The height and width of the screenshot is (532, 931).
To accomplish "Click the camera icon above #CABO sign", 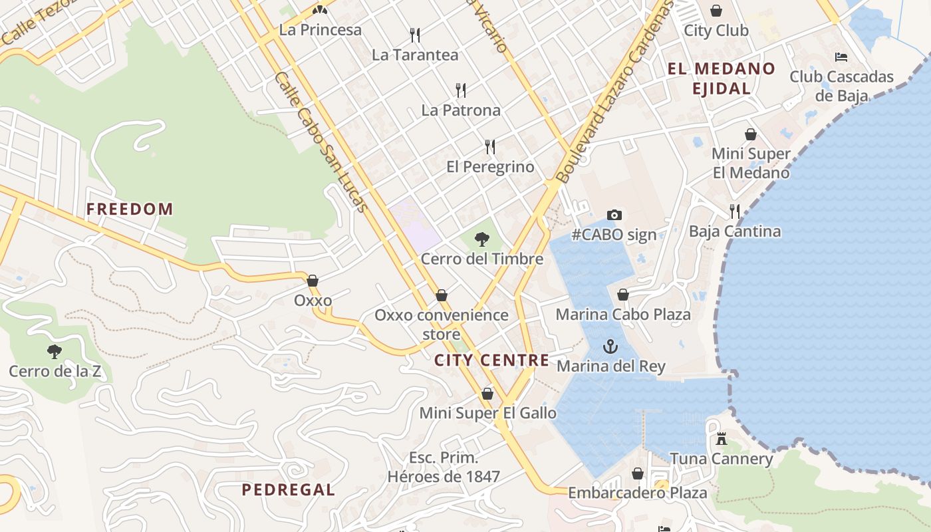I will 614,215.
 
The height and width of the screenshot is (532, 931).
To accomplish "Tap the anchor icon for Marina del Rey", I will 610,346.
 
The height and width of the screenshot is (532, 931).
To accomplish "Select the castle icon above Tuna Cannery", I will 721,439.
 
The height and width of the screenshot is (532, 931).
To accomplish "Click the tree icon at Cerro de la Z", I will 55,351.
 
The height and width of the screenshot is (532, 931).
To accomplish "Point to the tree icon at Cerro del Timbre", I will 482,239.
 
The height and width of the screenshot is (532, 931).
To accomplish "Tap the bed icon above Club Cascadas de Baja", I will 841,57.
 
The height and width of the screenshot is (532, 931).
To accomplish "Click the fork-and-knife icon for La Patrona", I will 460,90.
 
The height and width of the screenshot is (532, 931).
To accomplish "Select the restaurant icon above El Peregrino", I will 490,146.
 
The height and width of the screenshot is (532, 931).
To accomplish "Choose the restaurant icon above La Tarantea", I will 415,35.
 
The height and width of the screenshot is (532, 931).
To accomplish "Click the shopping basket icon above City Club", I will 716,11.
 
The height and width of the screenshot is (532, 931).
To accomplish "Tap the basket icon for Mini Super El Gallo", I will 487,394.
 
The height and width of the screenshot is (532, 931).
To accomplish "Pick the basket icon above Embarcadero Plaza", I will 637,473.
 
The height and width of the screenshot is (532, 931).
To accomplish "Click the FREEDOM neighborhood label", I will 130,209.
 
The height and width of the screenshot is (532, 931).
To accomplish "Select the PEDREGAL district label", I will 288,490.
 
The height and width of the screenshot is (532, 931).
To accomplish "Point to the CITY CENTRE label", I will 491,360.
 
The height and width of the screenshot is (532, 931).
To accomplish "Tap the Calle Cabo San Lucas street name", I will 321,142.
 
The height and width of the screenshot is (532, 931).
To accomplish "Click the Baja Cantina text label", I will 734,231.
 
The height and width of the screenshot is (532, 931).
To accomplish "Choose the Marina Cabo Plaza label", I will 623,315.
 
